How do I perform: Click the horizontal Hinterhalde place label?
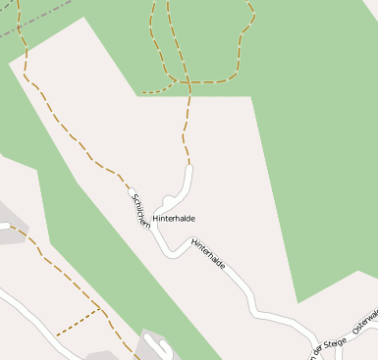click(x=174, y=218)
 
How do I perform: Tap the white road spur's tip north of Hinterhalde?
click(x=189, y=170)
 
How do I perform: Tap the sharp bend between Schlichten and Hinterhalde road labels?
click(x=173, y=254)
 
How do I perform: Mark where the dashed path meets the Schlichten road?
click(x=129, y=183)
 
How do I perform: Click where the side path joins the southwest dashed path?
click(x=100, y=310)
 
